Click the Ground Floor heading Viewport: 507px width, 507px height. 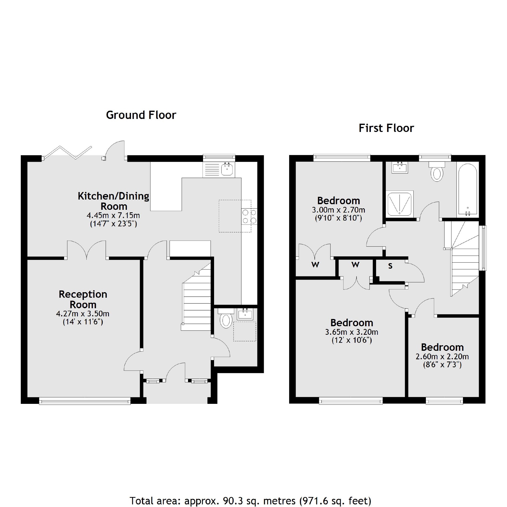click(x=141, y=115)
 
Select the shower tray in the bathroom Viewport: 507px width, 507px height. click(x=399, y=204)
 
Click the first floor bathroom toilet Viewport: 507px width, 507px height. click(x=437, y=173)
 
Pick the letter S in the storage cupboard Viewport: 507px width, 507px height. click(x=390, y=266)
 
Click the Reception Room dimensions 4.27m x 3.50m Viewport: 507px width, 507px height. click(x=83, y=314)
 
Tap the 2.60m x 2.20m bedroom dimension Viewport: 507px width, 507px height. click(x=442, y=357)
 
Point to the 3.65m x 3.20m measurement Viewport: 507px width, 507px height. click(x=352, y=332)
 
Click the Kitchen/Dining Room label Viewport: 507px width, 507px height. click(x=114, y=201)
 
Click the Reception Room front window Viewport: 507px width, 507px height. click(x=85, y=401)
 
